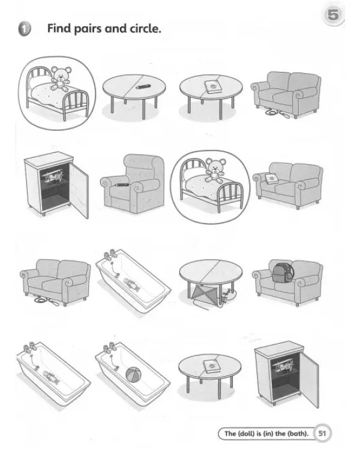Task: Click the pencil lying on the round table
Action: click(143, 86)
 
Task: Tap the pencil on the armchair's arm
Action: click(121, 185)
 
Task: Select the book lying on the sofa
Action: click(272, 179)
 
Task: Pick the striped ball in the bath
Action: click(133, 375)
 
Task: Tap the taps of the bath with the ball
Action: click(109, 349)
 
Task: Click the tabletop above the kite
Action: click(211, 271)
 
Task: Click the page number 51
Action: click(322, 433)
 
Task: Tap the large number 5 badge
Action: click(333, 14)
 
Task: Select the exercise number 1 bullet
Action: click(25, 29)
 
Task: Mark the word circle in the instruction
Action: click(145, 28)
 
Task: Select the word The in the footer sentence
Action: click(230, 433)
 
